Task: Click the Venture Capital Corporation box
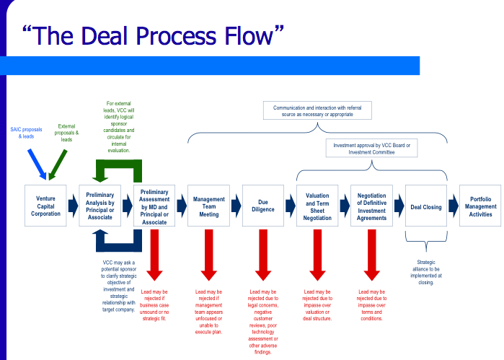pyautogui.click(x=45, y=206)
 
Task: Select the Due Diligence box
pyautogui.click(x=263, y=206)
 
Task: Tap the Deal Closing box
pyautogui.click(x=425, y=206)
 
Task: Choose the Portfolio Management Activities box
pyautogui.click(x=480, y=206)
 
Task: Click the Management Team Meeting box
pyautogui.click(x=208, y=206)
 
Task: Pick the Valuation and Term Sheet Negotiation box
pyautogui.click(x=317, y=206)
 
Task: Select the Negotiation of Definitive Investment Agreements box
pyautogui.click(x=371, y=206)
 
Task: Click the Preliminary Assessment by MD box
pyautogui.click(x=154, y=206)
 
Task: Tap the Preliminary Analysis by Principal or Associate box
pyautogui.click(x=100, y=206)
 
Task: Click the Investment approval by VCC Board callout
pyautogui.click(x=371, y=149)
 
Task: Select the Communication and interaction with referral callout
pyautogui.click(x=317, y=110)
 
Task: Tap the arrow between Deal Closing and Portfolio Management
pyautogui.click(x=453, y=206)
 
